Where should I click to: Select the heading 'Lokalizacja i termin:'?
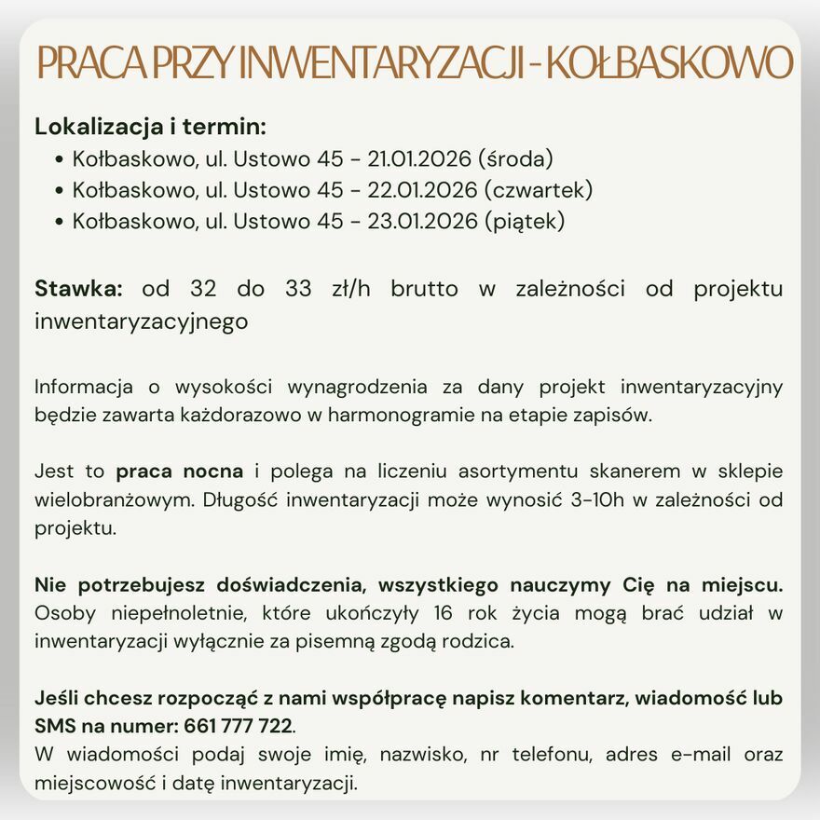coord(150,127)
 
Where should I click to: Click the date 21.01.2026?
coord(419,158)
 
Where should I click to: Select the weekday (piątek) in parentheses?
coord(524,222)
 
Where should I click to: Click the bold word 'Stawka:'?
coord(78,289)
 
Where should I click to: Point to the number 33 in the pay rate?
coord(298,289)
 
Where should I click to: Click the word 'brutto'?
coord(424,289)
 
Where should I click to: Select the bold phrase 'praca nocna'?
coord(179,471)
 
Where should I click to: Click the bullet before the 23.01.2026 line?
coord(60,222)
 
